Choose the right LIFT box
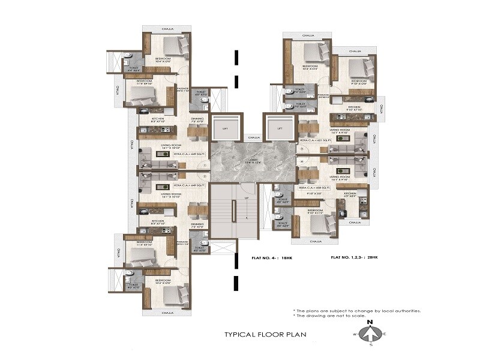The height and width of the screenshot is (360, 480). click(279, 128)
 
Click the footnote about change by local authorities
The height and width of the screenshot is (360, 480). click(356, 310)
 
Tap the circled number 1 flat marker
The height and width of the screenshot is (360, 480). click(205, 166)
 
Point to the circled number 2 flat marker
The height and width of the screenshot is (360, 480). click(205, 176)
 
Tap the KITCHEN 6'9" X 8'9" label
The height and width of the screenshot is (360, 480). click(350, 194)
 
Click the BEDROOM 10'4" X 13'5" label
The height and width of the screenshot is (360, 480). click(310, 67)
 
